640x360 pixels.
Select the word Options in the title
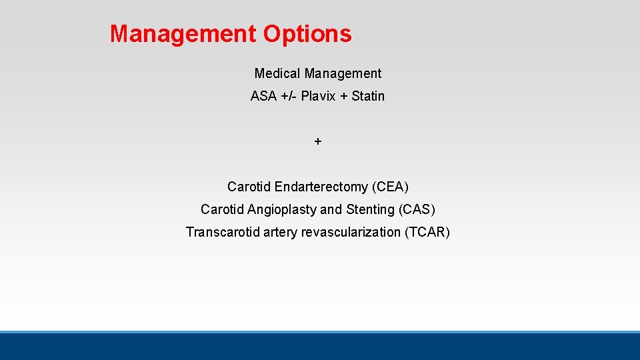pos(307,33)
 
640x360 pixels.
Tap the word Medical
pos(277,73)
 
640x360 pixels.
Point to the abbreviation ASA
pos(263,96)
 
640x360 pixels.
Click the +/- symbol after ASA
pos(288,96)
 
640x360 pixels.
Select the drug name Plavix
pos(319,96)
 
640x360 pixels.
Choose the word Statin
pos(368,96)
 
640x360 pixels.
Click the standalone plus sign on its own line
pos(318,141)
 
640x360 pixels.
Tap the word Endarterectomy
pos(321,187)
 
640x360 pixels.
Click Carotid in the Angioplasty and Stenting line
pos(223,209)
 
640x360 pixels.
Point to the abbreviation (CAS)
pos(417,209)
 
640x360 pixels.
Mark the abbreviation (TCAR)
pos(427,232)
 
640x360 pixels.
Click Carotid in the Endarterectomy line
pos(249,187)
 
